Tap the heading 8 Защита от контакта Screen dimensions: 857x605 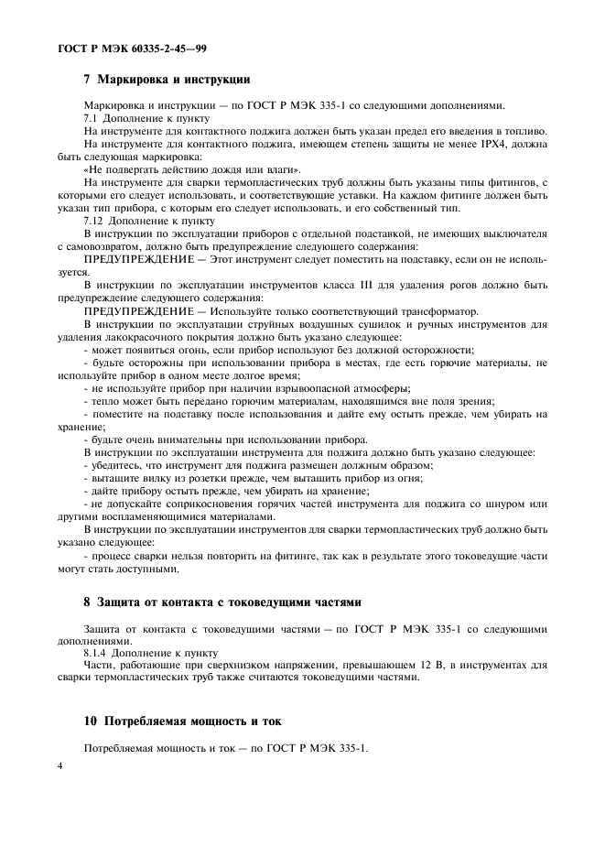[222, 602]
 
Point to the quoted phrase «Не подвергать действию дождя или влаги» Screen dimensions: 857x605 [191, 169]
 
